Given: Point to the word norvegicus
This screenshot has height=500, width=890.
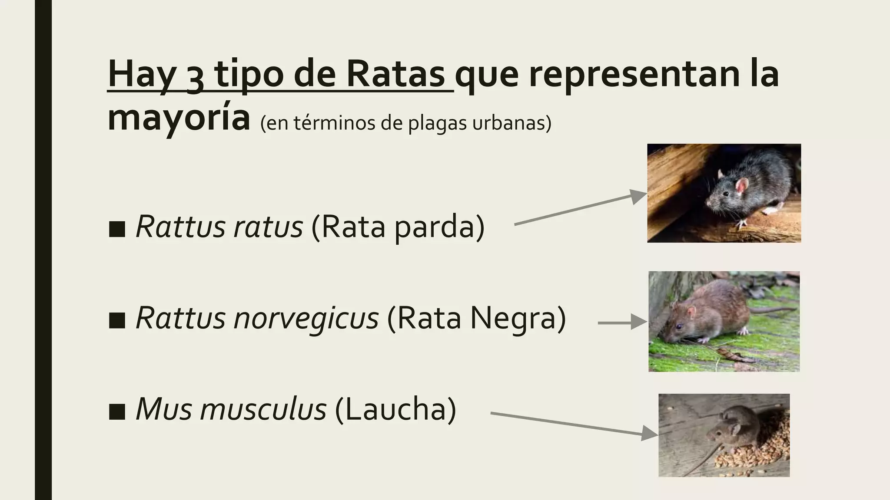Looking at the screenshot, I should coord(306,318).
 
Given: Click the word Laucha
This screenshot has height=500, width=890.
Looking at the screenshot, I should coord(395,409).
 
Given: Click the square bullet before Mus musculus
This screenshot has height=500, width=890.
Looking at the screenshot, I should coord(117,412).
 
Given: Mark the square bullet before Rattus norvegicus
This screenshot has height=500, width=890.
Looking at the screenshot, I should coord(117,321).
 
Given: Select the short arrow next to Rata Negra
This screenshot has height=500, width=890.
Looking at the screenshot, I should coord(621,323).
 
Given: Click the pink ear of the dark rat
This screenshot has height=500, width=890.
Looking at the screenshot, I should coord(742,185).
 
